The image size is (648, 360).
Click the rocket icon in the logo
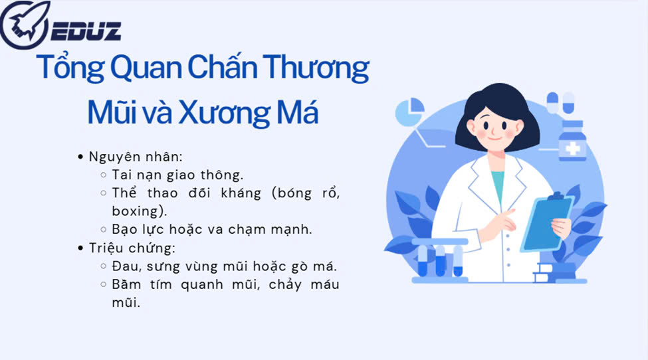pos(25,24)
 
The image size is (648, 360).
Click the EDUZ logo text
pos(86,31)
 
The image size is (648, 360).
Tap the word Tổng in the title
pos(70,67)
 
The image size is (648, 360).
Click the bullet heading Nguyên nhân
pos(135,157)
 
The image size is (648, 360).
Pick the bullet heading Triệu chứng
pos(132,248)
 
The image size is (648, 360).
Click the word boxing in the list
pos(135,211)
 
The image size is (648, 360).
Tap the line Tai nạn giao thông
pos(177,175)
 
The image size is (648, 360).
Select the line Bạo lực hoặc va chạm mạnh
pos(211,229)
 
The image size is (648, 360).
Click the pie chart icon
pos(409,112)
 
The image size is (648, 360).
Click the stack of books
pos(554,272)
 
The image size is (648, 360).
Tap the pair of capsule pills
pos(561,102)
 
